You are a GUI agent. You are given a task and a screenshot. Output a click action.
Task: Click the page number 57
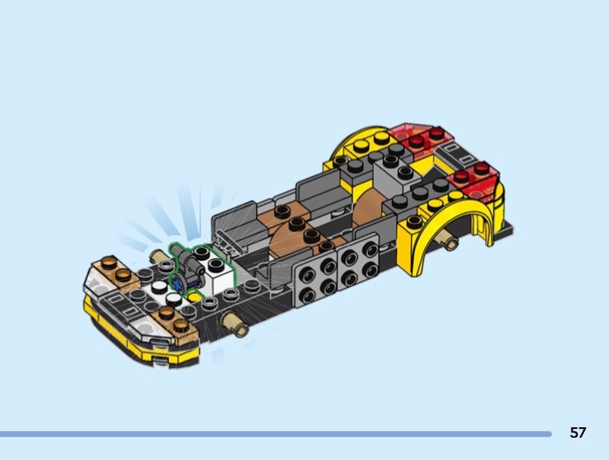[x=578, y=433]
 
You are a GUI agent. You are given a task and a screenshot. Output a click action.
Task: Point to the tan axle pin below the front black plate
[x=234, y=324]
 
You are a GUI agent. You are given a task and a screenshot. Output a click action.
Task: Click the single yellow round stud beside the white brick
[x=193, y=297]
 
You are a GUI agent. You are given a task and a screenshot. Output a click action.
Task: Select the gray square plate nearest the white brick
[x=315, y=279]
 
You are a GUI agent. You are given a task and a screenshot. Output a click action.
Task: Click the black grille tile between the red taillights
[x=455, y=155]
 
